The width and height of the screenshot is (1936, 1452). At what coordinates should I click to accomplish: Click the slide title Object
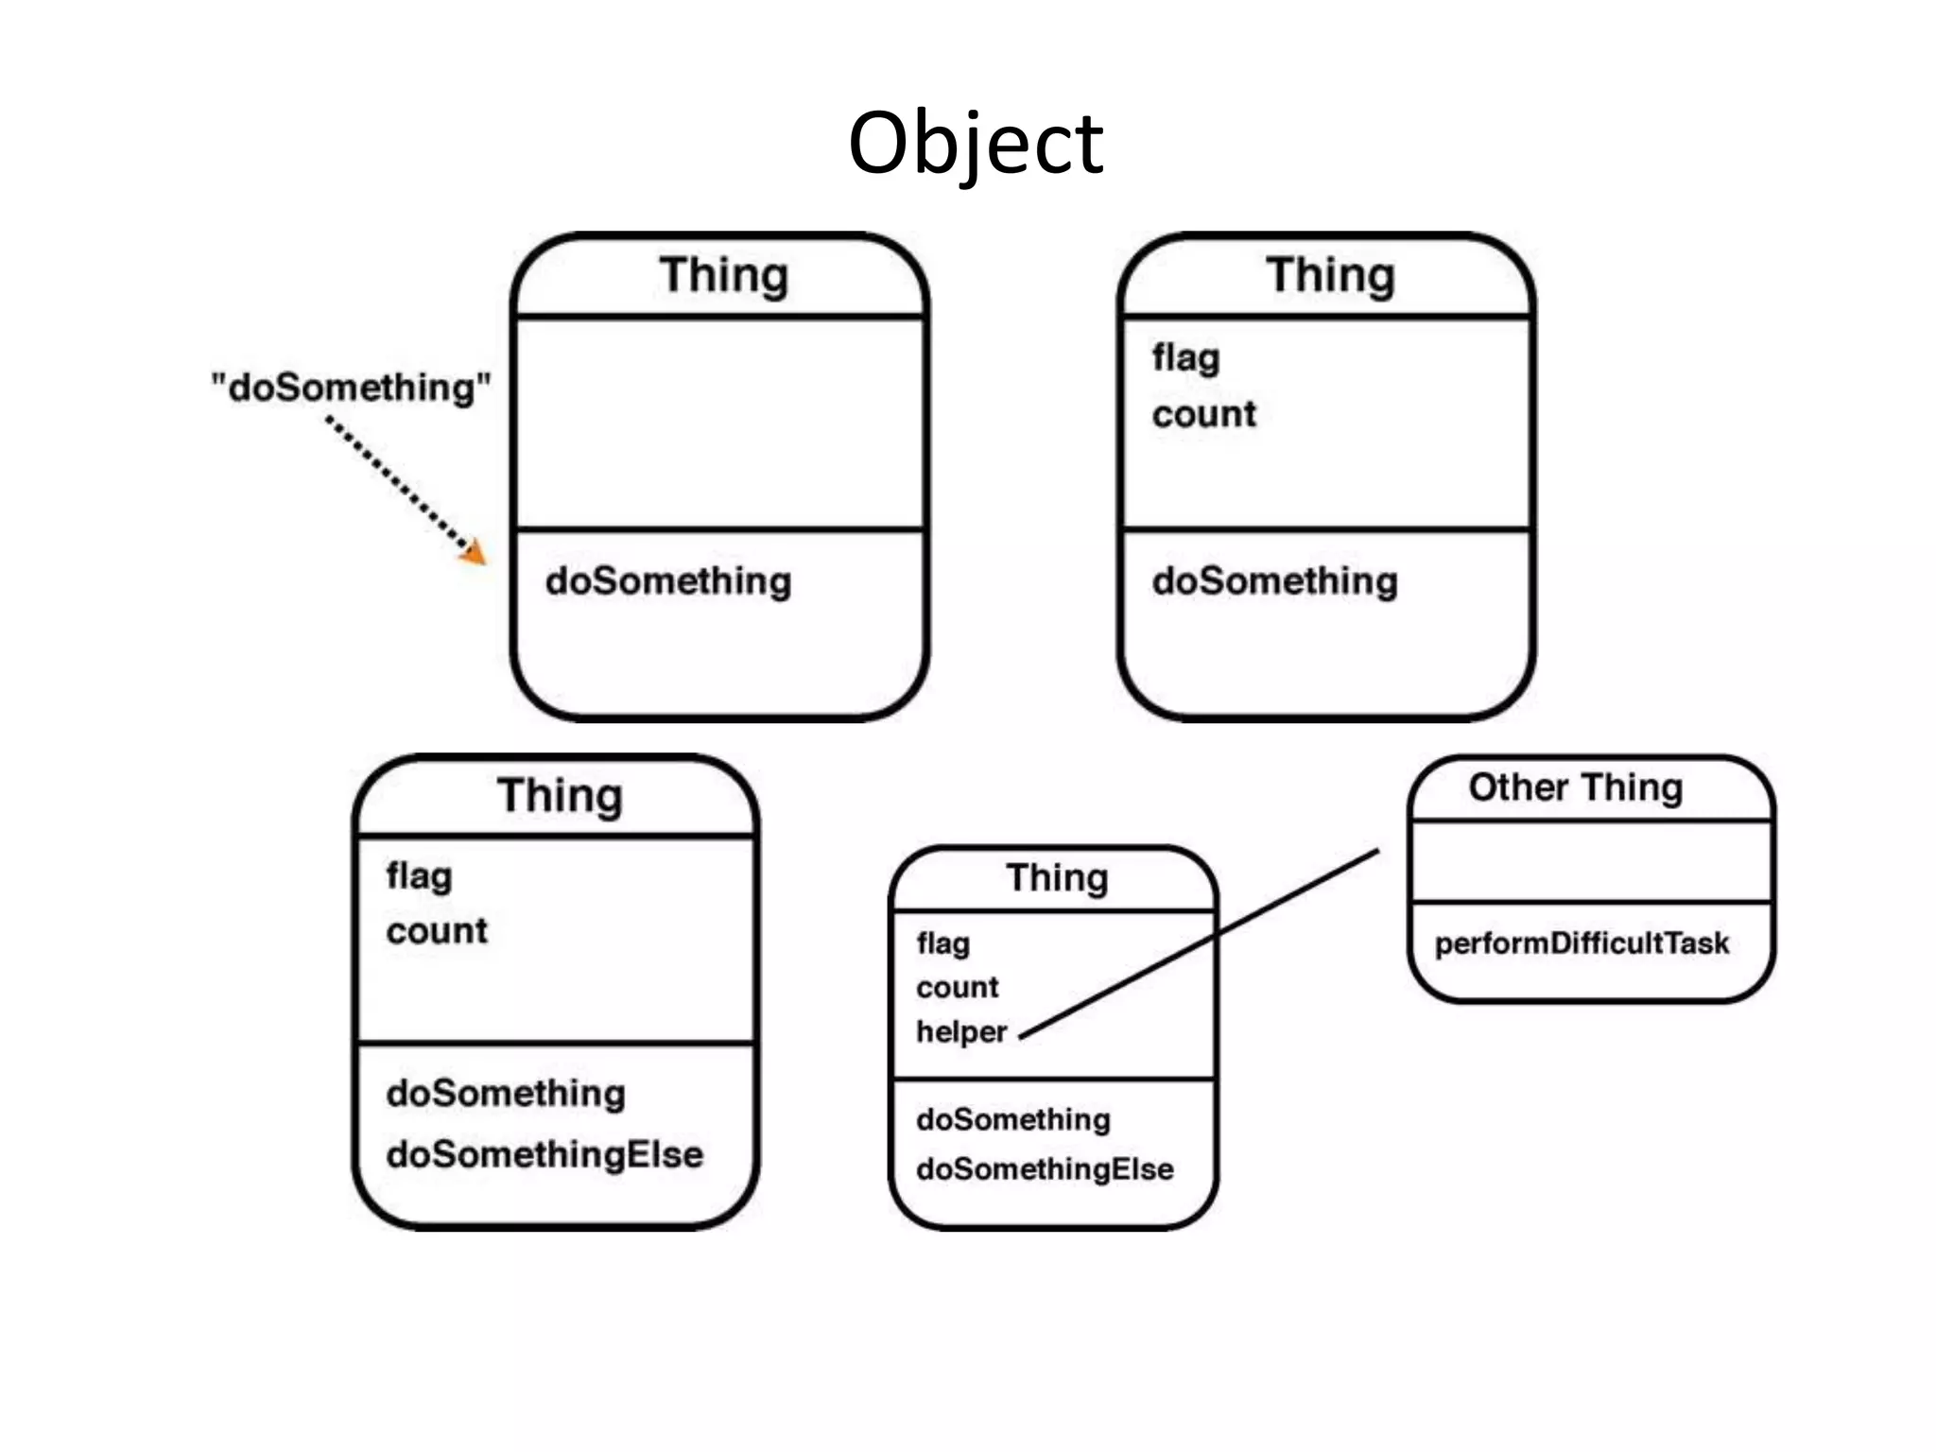[x=975, y=144]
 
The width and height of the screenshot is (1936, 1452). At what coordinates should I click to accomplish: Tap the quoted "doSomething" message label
[x=351, y=389]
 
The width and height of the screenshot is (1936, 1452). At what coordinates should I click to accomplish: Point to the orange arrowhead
[x=475, y=552]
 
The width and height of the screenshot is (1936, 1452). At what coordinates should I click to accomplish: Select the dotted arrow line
[x=397, y=482]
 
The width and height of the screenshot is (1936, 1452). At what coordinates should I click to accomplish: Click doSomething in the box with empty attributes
[x=667, y=581]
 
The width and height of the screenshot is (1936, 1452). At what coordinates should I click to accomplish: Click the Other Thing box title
[x=1575, y=787]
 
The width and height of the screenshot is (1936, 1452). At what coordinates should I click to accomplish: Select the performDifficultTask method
[x=1581, y=943]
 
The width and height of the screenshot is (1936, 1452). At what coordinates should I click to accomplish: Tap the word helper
[x=960, y=1031]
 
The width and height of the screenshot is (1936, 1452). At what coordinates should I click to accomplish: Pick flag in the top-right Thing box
[x=1185, y=358]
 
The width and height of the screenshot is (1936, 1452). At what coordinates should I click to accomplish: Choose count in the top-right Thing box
[x=1203, y=414]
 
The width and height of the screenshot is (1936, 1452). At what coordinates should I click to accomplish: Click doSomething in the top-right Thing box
[x=1274, y=581]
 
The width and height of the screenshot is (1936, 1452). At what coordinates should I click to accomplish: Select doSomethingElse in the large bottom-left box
[x=544, y=1154]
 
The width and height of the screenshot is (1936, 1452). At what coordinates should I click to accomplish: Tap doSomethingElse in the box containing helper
[x=1044, y=1169]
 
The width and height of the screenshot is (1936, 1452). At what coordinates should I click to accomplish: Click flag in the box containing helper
[x=942, y=943]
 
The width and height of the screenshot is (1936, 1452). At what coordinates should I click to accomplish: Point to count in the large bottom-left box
[x=437, y=931]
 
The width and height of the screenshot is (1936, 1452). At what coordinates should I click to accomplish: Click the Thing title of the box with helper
[x=1056, y=878]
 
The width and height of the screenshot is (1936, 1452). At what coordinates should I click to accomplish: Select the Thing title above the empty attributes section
[x=723, y=276]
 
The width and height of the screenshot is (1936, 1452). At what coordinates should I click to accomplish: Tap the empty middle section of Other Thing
[x=1590, y=861]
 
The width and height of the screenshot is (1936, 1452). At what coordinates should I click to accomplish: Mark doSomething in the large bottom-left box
[x=506, y=1094]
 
